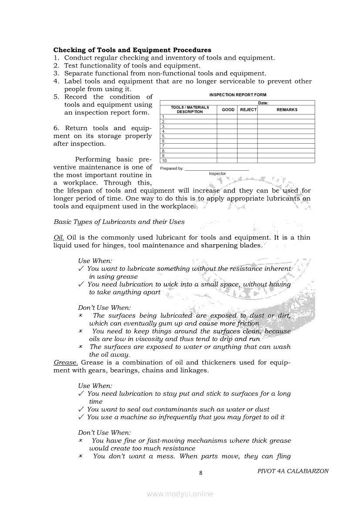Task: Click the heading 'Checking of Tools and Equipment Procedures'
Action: coord(132,50)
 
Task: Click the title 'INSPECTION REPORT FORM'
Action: coord(238,94)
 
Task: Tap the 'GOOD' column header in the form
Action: coord(228,110)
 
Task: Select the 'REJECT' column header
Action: coord(248,110)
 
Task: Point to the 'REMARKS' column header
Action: coord(286,110)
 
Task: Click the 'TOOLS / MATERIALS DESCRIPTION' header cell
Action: coord(190,110)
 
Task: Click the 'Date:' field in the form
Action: coord(263,103)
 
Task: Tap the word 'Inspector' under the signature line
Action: coord(217,174)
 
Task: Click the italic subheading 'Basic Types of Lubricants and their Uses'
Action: coord(119,222)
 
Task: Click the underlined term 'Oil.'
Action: coord(59,237)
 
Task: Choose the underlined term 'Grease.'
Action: coord(66,362)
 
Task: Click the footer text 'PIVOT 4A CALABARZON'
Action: coord(293,471)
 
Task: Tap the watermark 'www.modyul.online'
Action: coord(180,494)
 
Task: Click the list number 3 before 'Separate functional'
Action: coord(56,74)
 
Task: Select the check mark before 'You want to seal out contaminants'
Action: coord(81,409)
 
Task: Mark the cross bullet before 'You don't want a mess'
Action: coord(81,456)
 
